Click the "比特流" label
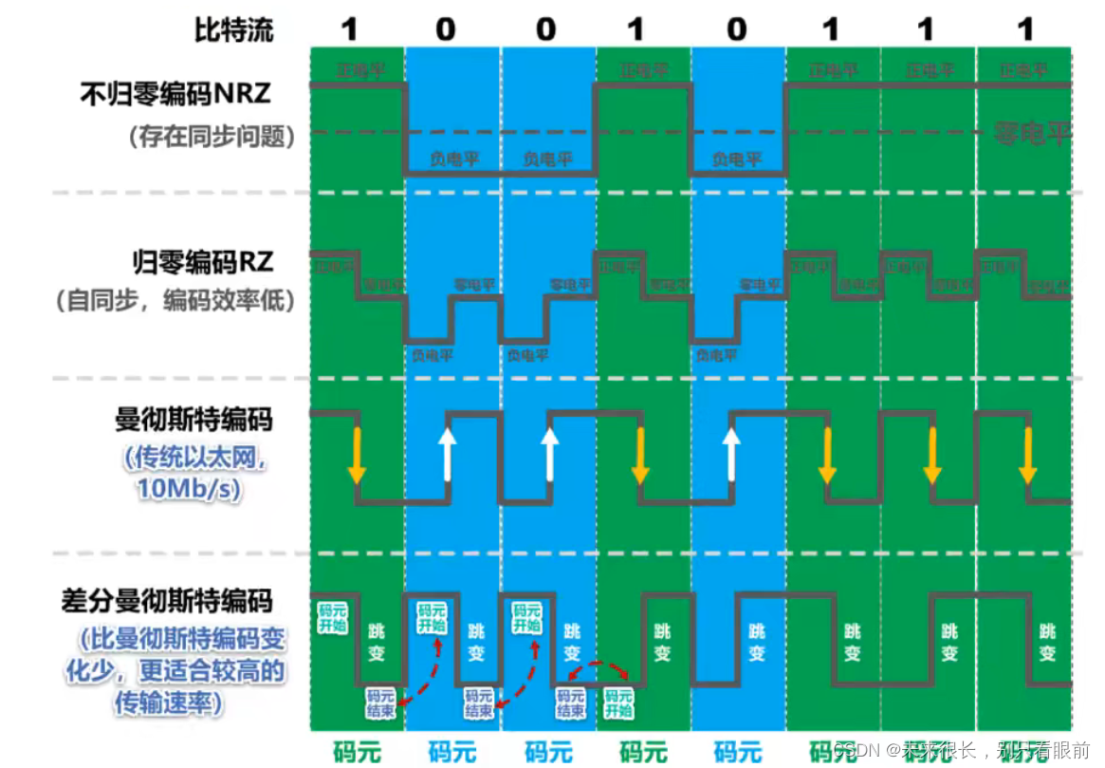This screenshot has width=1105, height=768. (x=233, y=29)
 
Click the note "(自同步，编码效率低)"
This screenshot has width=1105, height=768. (x=175, y=302)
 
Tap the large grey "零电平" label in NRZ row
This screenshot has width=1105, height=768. (x=1032, y=134)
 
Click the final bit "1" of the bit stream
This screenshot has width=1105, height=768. (x=1024, y=29)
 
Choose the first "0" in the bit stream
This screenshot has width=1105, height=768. (x=446, y=29)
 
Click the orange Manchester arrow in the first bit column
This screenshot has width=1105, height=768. (x=357, y=455)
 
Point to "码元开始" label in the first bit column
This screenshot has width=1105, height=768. (x=331, y=616)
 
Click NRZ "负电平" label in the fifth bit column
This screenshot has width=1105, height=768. (x=737, y=159)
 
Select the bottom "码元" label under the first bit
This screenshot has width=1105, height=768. (x=357, y=752)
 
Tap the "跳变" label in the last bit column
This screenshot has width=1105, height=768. (x=1048, y=642)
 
